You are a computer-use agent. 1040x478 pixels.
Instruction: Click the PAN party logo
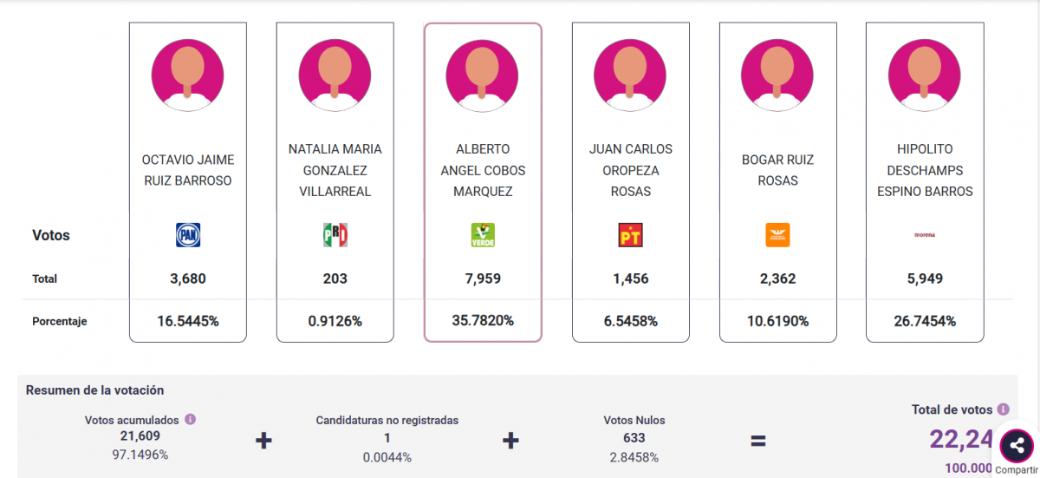188,235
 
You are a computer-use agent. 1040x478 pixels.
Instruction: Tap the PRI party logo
335,235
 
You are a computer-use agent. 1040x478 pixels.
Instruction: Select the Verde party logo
483,235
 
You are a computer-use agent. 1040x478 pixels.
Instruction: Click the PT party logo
630,235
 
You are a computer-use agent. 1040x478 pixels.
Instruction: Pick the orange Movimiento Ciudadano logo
777,235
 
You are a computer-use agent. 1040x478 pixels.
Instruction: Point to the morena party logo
925,235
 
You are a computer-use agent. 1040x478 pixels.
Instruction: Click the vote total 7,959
483,279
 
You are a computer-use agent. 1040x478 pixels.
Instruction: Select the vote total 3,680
188,279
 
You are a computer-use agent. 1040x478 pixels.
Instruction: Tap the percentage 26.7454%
925,321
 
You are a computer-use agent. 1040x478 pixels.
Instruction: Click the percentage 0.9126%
335,321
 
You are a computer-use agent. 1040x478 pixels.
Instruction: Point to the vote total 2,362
777,279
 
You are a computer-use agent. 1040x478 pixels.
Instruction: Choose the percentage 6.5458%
630,321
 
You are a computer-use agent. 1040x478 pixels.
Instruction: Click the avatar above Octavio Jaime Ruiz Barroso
188,75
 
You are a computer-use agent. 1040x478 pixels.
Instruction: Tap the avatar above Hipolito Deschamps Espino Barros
925,75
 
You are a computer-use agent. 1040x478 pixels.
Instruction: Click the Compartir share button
1016,448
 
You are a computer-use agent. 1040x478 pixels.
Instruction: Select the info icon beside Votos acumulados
191,419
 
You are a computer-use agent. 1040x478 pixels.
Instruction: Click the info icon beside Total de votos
1003,409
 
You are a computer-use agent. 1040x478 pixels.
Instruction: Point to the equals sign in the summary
758,441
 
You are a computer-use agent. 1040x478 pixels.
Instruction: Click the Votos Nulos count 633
634,438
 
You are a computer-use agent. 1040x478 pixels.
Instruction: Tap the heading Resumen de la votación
94,390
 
